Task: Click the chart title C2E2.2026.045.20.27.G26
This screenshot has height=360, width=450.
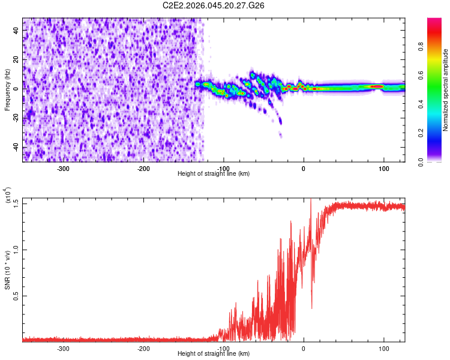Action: click(x=214, y=5)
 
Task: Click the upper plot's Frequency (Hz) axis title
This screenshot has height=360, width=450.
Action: click(x=7, y=89)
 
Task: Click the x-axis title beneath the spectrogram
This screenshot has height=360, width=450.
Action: click(x=214, y=173)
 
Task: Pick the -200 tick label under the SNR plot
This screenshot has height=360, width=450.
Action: click(x=143, y=348)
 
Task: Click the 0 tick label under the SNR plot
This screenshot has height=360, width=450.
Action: click(x=304, y=348)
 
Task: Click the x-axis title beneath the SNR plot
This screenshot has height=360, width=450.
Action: click(x=214, y=354)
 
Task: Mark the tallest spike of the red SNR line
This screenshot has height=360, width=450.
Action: click(x=310, y=199)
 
